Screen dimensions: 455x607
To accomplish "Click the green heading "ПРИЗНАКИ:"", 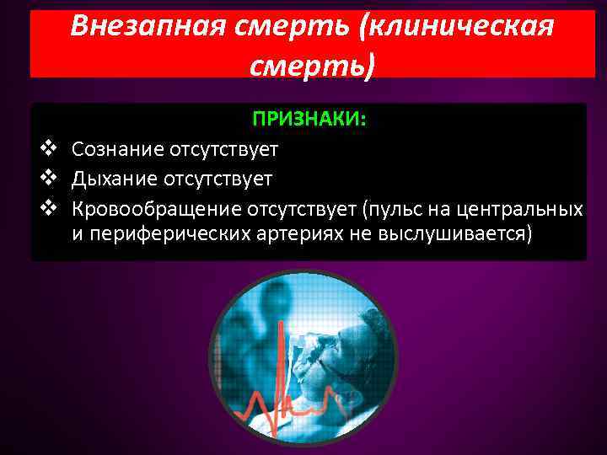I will tap(309, 120).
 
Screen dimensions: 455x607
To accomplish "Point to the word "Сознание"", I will tap(117, 150).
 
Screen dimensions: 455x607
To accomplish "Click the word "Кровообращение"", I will tap(156, 207).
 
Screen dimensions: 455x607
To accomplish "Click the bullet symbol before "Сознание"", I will tap(47, 150).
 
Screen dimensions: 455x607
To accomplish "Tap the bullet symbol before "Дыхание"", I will tap(47, 179).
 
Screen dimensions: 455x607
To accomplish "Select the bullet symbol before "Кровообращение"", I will tap(47, 207).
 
